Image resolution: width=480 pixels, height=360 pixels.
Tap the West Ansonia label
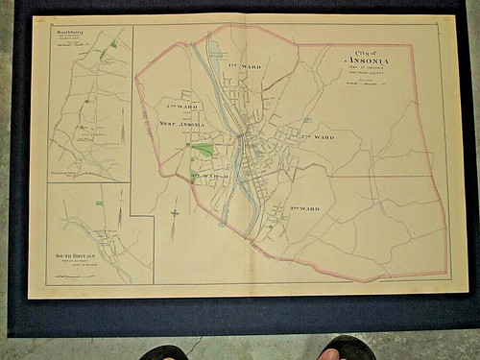pos(180,124)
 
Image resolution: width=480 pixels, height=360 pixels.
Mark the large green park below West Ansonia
pos(203,150)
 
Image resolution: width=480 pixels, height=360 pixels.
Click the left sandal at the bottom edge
pos(164,351)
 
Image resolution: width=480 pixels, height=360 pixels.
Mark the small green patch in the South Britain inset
pos(99,204)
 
